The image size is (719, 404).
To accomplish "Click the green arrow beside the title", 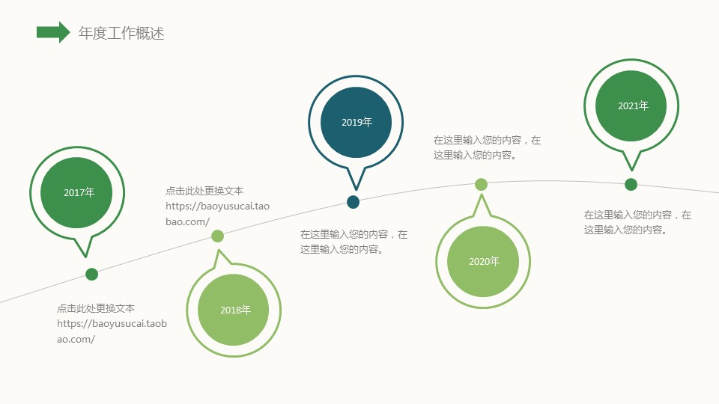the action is [x=53, y=32].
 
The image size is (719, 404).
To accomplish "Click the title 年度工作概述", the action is [x=121, y=33].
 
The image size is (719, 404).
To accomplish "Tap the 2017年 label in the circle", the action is [x=79, y=192].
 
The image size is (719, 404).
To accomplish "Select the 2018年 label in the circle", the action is [x=235, y=310].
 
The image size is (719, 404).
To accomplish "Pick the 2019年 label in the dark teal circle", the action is [x=357, y=122].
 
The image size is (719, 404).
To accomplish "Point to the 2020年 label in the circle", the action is [x=484, y=262].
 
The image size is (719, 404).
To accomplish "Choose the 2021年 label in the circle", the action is [x=633, y=105].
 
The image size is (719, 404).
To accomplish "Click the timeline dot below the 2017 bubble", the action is [x=91, y=275].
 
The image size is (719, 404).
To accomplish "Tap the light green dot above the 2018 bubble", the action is [x=217, y=236].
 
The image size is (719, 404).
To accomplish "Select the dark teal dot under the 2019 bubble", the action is [x=353, y=202].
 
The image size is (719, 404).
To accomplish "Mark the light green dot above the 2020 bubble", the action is [x=481, y=185].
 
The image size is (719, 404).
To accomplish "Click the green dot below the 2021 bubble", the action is [x=631, y=185].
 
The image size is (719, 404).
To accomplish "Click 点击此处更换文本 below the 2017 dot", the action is [x=96, y=308].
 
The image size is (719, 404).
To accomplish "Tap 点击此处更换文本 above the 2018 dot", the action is [x=204, y=191].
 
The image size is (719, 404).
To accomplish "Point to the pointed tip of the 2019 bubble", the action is [x=356, y=189].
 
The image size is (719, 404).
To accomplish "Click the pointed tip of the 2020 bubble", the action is [x=482, y=195].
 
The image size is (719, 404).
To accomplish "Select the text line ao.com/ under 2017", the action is [x=76, y=340].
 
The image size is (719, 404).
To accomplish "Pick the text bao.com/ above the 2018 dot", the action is [x=187, y=221].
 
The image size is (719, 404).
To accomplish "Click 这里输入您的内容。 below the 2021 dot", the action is [x=625, y=230].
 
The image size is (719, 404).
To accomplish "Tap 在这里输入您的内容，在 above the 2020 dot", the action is [x=488, y=140].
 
